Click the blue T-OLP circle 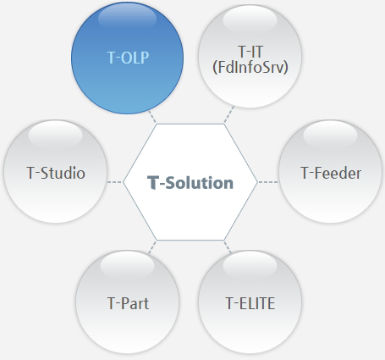coord(127,58)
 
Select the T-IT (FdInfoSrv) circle coord(250,57)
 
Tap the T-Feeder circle coord(330,171)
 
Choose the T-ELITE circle coord(250,302)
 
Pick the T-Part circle coord(127,302)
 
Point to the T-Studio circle coord(55,171)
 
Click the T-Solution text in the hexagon coord(190,183)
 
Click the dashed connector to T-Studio coord(114,182)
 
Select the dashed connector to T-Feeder coord(268,182)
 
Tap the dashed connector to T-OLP coord(152,117)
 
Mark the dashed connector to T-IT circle coord(228,114)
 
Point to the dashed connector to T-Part coord(152,247)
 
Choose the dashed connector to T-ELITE coord(228,247)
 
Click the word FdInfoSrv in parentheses coord(250,68)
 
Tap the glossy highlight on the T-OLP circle coord(127,17)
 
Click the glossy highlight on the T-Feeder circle coord(330,135)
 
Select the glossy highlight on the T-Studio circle coord(55,135)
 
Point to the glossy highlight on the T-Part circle coord(127,265)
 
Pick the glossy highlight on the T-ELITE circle coord(250,265)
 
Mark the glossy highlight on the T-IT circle coord(250,19)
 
